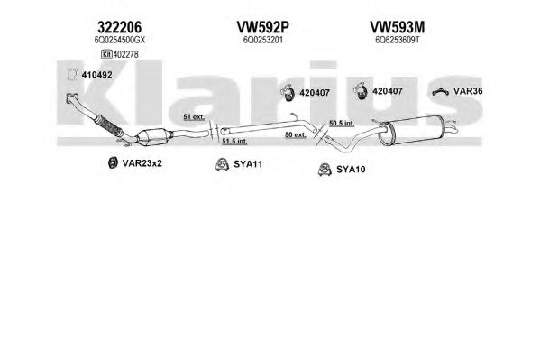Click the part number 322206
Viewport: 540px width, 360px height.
120,27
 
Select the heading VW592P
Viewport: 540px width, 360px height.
262,27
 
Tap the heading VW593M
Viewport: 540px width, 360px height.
398,27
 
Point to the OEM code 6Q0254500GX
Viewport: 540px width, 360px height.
120,40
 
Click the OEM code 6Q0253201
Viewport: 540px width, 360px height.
262,40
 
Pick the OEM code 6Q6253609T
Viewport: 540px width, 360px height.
398,40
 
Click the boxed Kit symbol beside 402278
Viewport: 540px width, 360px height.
106,54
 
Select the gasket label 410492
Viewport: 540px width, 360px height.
96,75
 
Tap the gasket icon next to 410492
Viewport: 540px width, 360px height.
71,75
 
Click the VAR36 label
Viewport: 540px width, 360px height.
468,91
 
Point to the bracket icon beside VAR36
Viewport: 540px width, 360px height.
441,92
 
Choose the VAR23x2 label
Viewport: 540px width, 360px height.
142,163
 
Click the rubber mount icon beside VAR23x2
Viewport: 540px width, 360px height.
113,162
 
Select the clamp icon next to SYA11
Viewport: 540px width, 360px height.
222,164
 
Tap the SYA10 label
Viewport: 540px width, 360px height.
351,170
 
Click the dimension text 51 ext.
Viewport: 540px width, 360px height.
194,117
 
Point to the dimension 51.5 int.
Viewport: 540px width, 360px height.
234,141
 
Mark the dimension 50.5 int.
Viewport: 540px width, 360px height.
342,123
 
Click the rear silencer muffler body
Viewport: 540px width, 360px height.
412,130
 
